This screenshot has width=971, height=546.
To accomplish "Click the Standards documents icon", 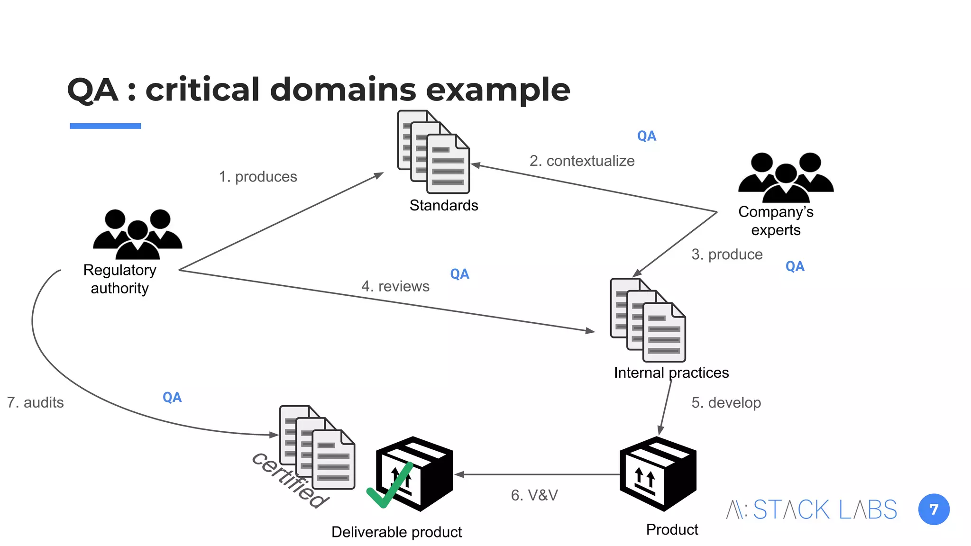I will (434, 152).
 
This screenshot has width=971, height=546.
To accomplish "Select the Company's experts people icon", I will (786, 177).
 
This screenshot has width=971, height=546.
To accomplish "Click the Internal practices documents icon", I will (648, 320).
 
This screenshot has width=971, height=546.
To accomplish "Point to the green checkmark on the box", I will (390, 486).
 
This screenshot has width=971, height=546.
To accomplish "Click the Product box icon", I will (658, 474).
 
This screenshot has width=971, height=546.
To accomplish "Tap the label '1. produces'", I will (258, 177).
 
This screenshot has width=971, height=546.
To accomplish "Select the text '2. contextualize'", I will (582, 161).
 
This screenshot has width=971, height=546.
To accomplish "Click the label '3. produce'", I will (727, 255).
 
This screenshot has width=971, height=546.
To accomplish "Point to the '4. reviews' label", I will (395, 286).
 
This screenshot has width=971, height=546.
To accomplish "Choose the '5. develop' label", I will (726, 403).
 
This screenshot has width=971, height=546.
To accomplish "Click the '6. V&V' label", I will (534, 495).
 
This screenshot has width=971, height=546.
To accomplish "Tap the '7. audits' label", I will (36, 403).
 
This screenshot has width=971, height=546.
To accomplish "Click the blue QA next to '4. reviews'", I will (459, 274).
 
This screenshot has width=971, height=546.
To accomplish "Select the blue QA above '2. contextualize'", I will (646, 136).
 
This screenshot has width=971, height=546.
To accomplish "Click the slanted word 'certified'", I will (290, 480).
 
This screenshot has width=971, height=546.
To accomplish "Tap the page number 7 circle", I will (934, 510).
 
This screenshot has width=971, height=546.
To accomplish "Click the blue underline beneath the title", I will (105, 126).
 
